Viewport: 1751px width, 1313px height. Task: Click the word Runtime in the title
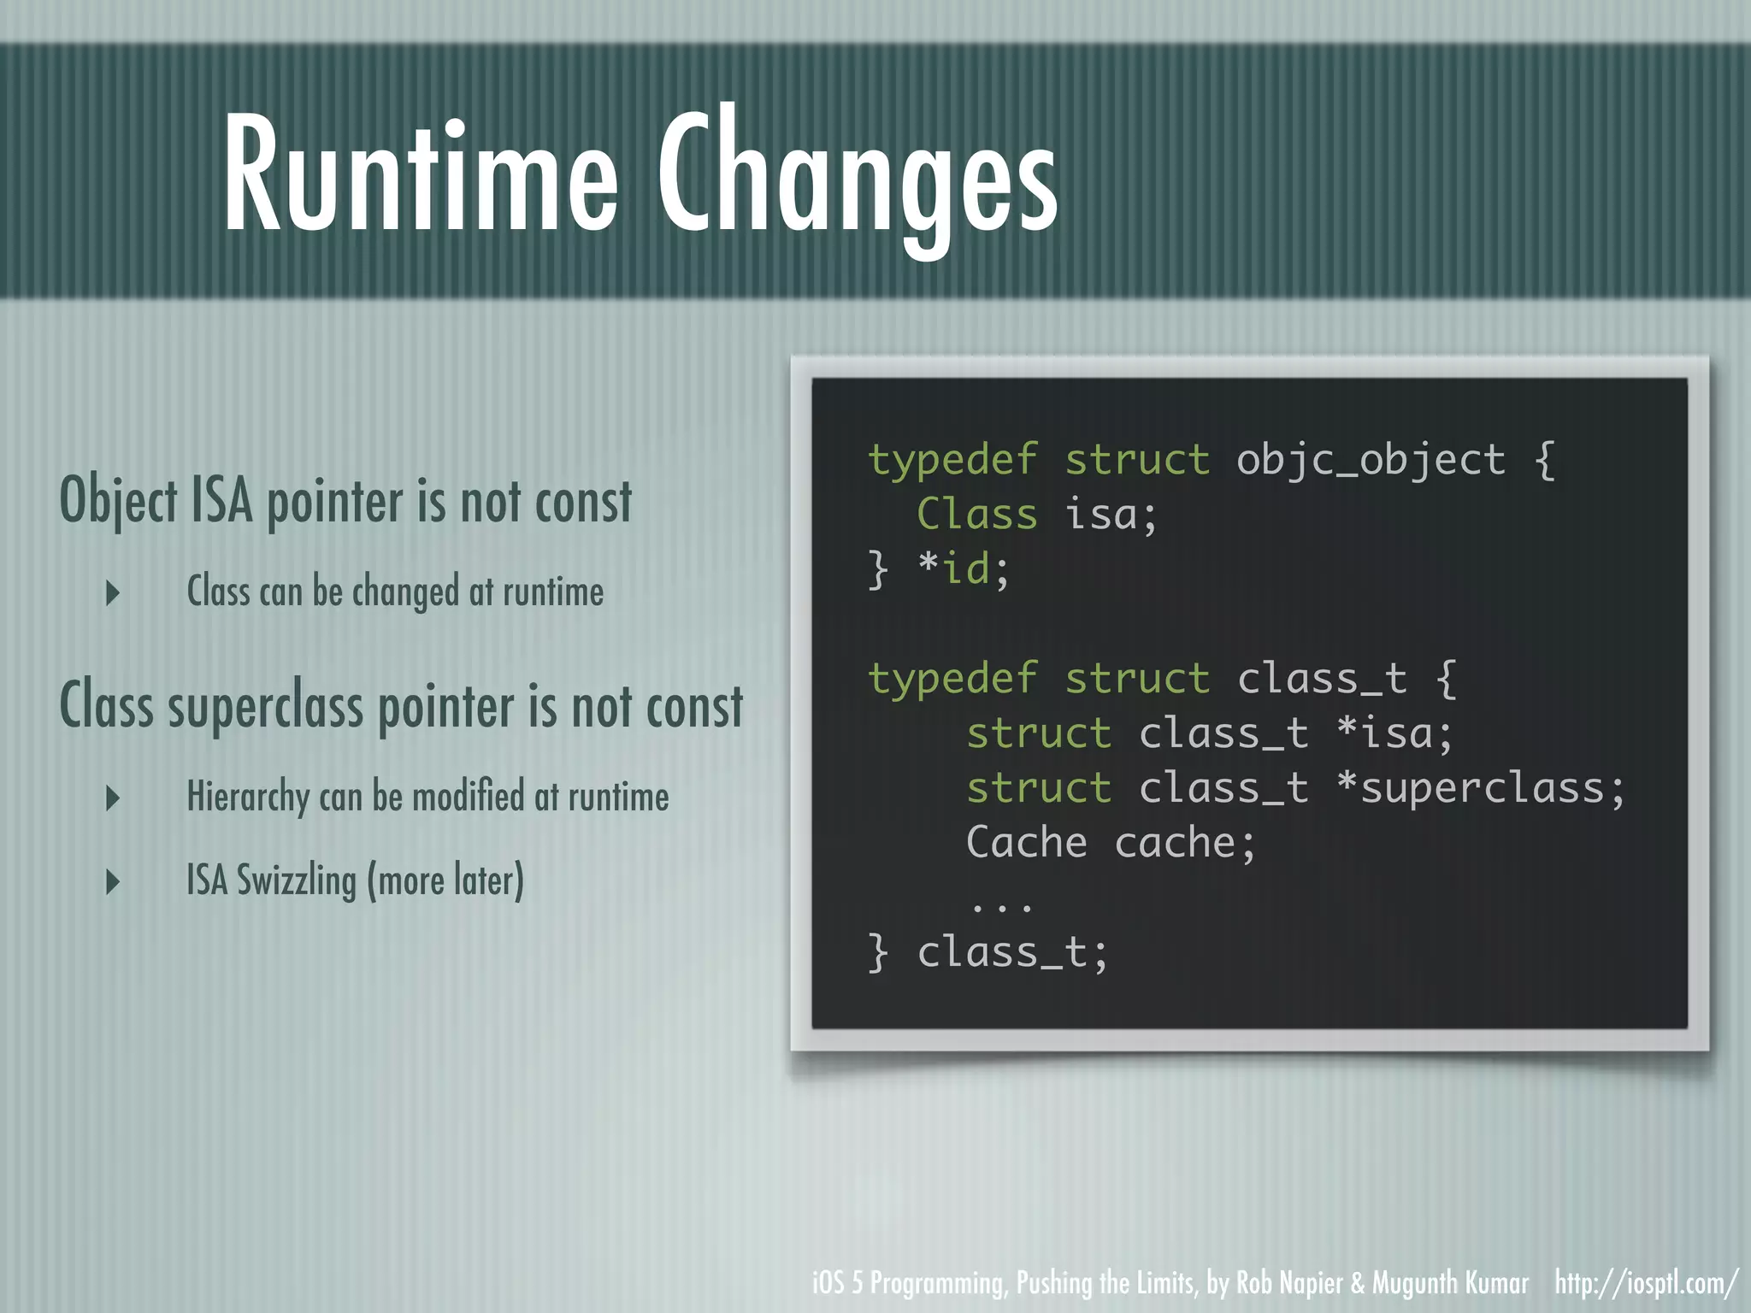421,175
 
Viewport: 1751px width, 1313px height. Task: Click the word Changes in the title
858,180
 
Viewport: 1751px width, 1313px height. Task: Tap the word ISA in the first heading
221,501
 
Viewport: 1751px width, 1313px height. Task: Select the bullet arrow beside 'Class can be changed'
113,592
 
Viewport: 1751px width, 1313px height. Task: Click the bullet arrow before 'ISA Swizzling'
113,881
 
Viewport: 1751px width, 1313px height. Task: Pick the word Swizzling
296,880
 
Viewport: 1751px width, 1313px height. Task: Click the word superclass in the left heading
265,708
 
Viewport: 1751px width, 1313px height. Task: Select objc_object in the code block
1371,460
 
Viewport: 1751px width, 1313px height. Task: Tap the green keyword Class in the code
976,515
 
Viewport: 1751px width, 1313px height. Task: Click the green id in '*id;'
966,569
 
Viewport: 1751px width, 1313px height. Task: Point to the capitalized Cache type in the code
1026,843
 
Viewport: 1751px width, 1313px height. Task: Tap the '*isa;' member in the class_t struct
1394,733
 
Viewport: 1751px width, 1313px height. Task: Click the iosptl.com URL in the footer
1646,1283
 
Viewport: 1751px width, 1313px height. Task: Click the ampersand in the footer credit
1358,1283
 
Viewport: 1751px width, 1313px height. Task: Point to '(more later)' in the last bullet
445,880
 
